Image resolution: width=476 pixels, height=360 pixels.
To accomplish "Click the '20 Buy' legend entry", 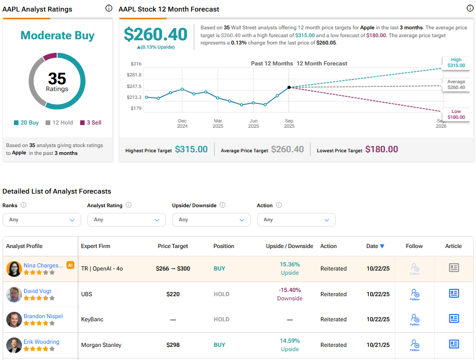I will coord(26,122).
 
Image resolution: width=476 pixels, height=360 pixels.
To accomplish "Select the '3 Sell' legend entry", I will coord(91,122).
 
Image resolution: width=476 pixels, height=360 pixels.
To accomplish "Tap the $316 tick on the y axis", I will coord(136,64).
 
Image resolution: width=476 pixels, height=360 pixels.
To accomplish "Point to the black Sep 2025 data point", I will coord(289,87).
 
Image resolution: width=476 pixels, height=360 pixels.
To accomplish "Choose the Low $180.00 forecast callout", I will coord(456,114).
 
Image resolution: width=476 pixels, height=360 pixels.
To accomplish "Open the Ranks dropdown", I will coord(42,220).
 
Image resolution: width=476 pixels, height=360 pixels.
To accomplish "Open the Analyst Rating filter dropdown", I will coord(127,220).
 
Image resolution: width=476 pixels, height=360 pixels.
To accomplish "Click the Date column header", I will coord(375,246).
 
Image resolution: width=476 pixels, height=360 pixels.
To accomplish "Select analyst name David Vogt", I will coord(37,291).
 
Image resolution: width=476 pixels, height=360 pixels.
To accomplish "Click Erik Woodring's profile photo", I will coord(14,345).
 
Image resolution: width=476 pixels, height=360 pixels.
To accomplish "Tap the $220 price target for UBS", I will coord(173,294).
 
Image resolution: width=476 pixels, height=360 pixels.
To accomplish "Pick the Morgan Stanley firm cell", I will coord(101,345).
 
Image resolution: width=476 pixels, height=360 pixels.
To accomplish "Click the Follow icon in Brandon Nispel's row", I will coord(415,319).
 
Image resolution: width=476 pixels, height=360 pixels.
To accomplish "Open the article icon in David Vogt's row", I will coord(454,294).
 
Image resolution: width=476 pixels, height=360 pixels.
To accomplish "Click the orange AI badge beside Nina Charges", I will coord(70,265).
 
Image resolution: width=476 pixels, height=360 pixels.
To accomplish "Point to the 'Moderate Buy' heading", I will coord(58,36).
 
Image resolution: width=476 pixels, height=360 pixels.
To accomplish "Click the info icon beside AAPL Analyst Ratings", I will coord(108,8).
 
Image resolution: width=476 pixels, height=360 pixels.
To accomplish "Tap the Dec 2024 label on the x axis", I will coord(182,123).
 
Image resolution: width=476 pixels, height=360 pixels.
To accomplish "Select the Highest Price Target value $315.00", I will coord(191,150).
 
